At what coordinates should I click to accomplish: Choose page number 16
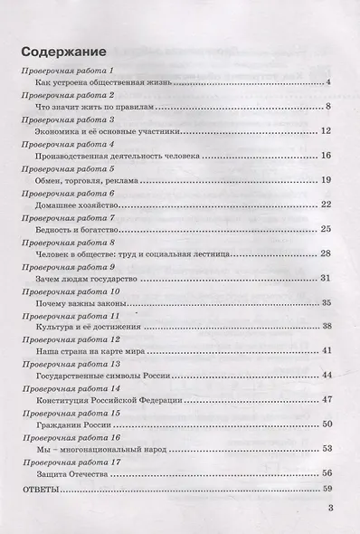coord(328,157)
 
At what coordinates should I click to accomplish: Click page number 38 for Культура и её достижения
coord(328,326)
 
